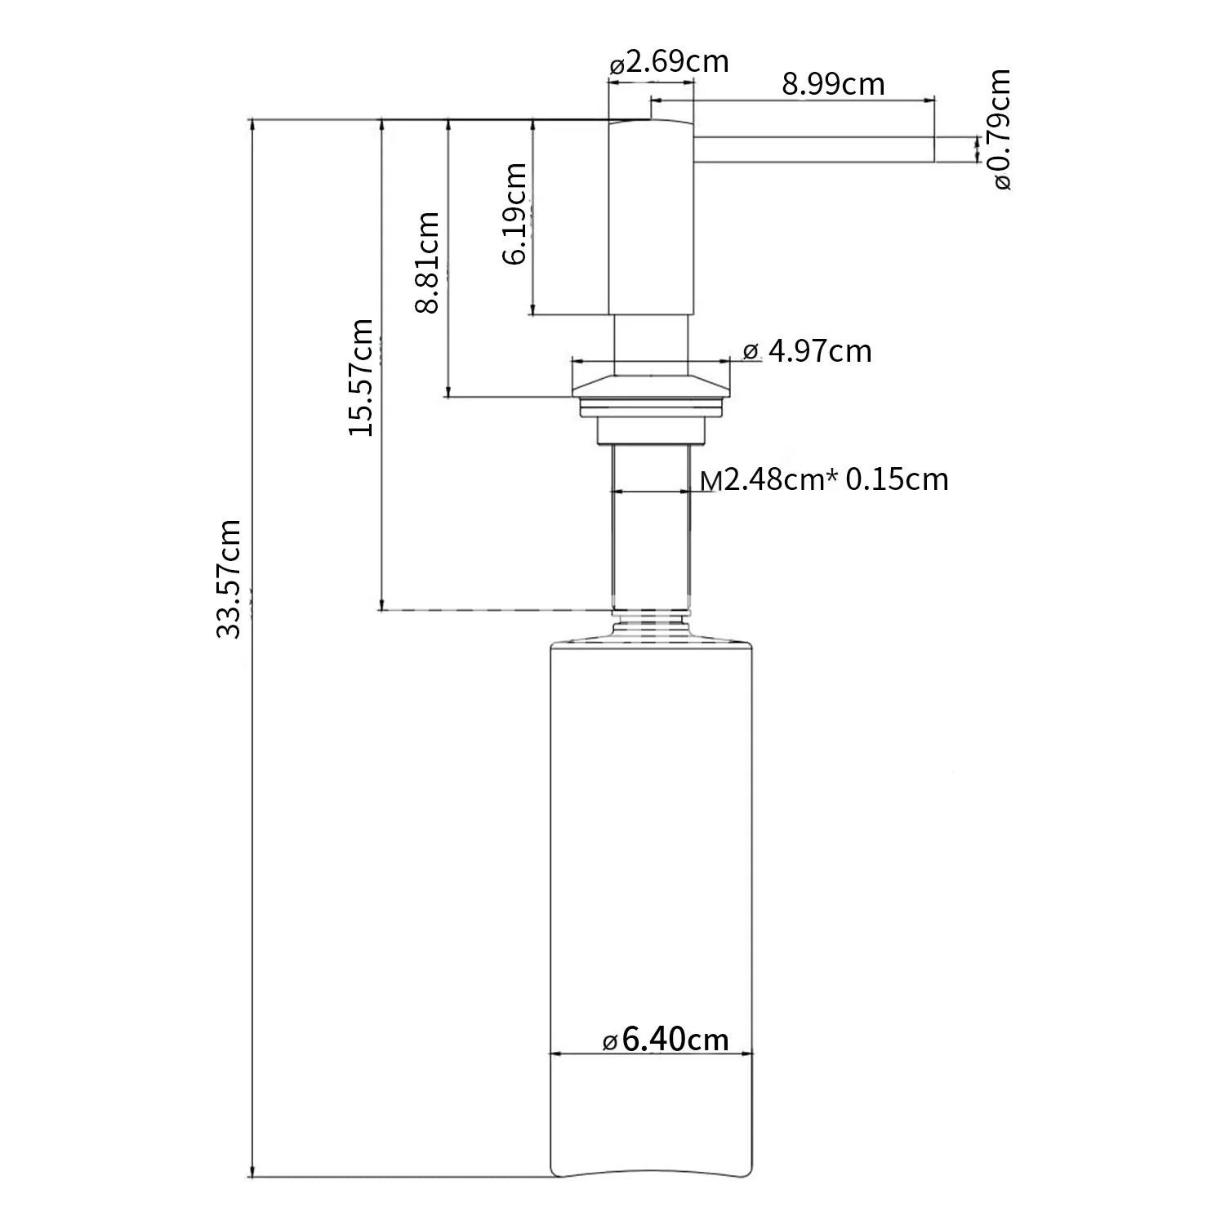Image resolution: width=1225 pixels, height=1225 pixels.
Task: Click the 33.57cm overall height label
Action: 229,578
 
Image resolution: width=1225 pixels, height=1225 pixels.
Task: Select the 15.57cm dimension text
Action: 360,377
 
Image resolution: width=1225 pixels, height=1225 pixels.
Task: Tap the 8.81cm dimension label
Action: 427,262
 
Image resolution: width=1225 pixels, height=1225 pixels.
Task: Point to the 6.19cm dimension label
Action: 514,214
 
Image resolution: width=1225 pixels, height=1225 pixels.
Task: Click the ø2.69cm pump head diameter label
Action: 669,62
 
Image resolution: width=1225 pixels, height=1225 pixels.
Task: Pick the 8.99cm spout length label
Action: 833,84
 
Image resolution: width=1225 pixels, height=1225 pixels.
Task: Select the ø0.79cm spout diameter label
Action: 997,130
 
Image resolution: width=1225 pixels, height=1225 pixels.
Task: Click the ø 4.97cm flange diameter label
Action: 808,351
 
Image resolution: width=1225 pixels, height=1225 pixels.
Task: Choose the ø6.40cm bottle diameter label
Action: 665,1039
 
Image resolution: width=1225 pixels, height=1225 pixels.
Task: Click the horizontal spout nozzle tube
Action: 813,149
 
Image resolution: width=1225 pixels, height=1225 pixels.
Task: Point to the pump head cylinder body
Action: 652,217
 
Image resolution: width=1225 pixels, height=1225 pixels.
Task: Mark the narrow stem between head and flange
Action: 651,344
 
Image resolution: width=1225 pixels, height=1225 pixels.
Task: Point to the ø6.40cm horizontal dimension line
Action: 651,1054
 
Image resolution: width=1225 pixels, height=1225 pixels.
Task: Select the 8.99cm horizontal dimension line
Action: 791,101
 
